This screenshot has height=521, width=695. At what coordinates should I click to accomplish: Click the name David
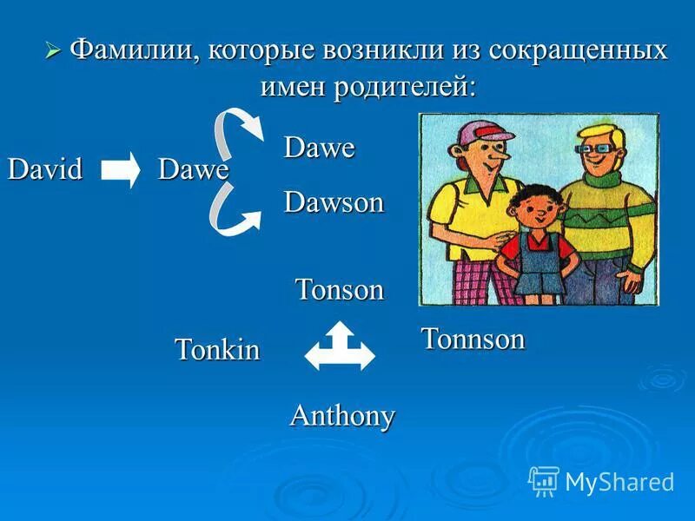[45, 168]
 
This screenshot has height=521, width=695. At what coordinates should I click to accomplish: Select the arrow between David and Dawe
[120, 169]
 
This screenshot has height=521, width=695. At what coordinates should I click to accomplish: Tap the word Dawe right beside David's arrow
[193, 169]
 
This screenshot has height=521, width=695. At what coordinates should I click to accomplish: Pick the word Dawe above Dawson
[319, 148]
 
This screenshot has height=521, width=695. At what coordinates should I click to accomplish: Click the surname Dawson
[334, 202]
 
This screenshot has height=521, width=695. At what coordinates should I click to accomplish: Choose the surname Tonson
[339, 289]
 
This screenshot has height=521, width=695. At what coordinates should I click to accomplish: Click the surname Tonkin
[217, 349]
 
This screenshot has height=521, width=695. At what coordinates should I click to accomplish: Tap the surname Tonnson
[473, 339]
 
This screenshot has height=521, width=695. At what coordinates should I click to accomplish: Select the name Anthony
[341, 415]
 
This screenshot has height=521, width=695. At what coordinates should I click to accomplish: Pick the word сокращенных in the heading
[579, 49]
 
